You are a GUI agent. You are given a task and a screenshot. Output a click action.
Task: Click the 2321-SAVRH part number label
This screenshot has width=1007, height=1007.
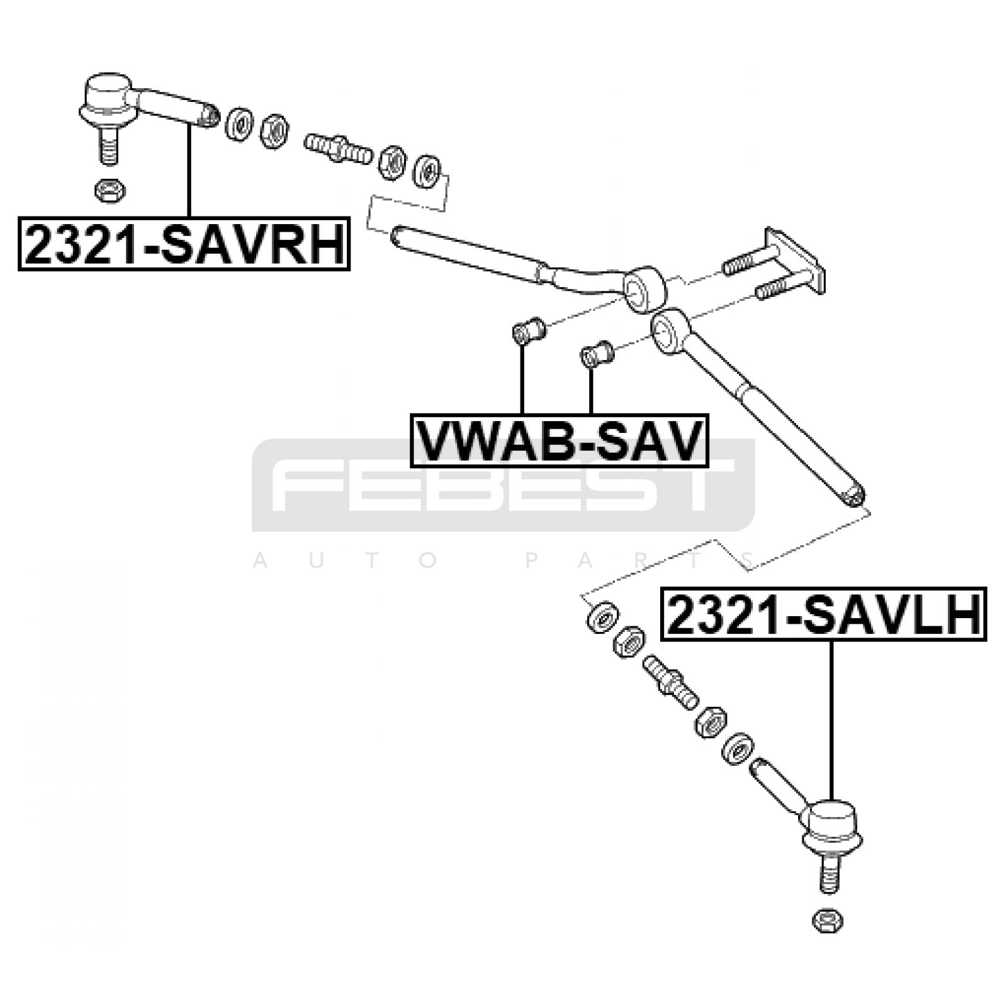(184, 244)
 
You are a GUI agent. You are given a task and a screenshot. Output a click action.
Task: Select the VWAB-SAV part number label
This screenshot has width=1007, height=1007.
(559, 441)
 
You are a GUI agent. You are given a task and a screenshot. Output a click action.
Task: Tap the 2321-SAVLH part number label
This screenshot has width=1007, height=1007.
(823, 614)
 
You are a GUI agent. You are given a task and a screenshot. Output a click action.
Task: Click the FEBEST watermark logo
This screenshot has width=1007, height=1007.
(503, 485)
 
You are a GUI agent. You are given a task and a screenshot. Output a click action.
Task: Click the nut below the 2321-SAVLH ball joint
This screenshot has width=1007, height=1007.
(828, 921)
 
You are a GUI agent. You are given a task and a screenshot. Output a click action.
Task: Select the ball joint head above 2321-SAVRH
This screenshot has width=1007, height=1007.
(108, 99)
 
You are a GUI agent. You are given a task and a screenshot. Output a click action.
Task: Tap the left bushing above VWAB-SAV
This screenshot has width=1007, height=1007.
(529, 330)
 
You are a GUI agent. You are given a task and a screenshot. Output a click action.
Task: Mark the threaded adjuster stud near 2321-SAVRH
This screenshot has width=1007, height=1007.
(338, 150)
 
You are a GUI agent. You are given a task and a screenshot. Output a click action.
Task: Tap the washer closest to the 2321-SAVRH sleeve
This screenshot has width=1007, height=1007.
(239, 124)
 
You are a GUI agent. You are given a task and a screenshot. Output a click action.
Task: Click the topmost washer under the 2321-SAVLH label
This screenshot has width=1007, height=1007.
(602, 617)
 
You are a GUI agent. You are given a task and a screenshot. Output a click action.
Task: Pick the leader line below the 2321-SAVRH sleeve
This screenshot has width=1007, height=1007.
(188, 170)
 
